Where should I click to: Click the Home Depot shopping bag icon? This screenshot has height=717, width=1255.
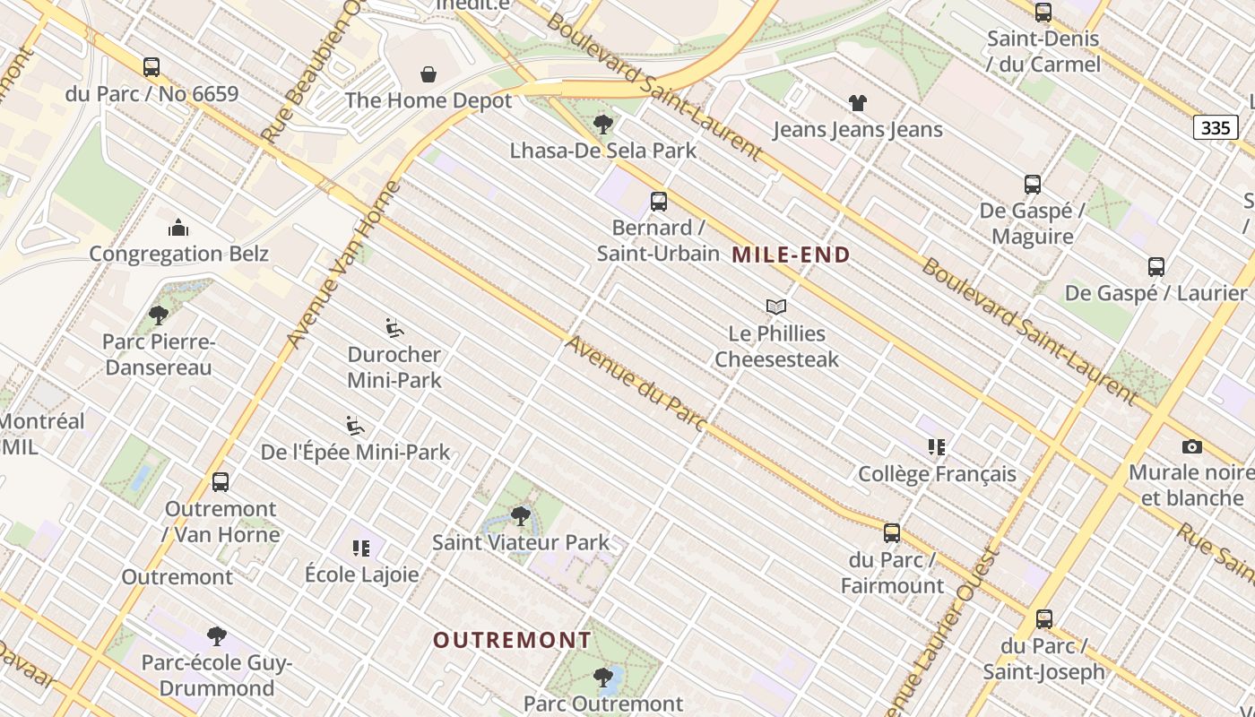point(428,73)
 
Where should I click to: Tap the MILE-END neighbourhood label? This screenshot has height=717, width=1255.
point(791,255)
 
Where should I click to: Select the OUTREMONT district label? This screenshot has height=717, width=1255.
point(512,640)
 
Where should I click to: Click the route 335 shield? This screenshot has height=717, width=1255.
point(1215,127)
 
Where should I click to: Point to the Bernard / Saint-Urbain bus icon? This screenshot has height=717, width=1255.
point(659,202)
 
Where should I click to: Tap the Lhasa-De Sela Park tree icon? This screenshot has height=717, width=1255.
point(603,124)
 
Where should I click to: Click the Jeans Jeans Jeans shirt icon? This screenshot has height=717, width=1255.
point(858,103)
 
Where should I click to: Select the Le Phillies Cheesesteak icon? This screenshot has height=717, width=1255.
point(776,307)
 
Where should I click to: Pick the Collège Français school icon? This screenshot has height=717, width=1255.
point(937,447)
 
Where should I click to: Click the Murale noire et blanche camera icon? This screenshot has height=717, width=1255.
point(1191,446)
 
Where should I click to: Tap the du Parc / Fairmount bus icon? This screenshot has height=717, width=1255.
point(891,533)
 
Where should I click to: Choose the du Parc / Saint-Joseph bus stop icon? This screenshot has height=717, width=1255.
point(1043,619)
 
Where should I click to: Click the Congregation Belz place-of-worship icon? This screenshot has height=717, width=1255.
point(178,228)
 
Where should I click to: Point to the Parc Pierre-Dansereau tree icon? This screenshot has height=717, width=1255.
point(159,315)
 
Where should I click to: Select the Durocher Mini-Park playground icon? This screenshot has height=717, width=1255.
point(394,328)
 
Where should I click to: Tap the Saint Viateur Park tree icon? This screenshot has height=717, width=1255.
point(520,516)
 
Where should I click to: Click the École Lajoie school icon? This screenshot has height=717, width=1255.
point(361,548)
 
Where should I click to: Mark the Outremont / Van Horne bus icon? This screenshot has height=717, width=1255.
point(221,482)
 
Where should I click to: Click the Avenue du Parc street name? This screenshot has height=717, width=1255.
point(636,384)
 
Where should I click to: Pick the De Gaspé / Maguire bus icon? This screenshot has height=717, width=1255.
point(1033,185)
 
